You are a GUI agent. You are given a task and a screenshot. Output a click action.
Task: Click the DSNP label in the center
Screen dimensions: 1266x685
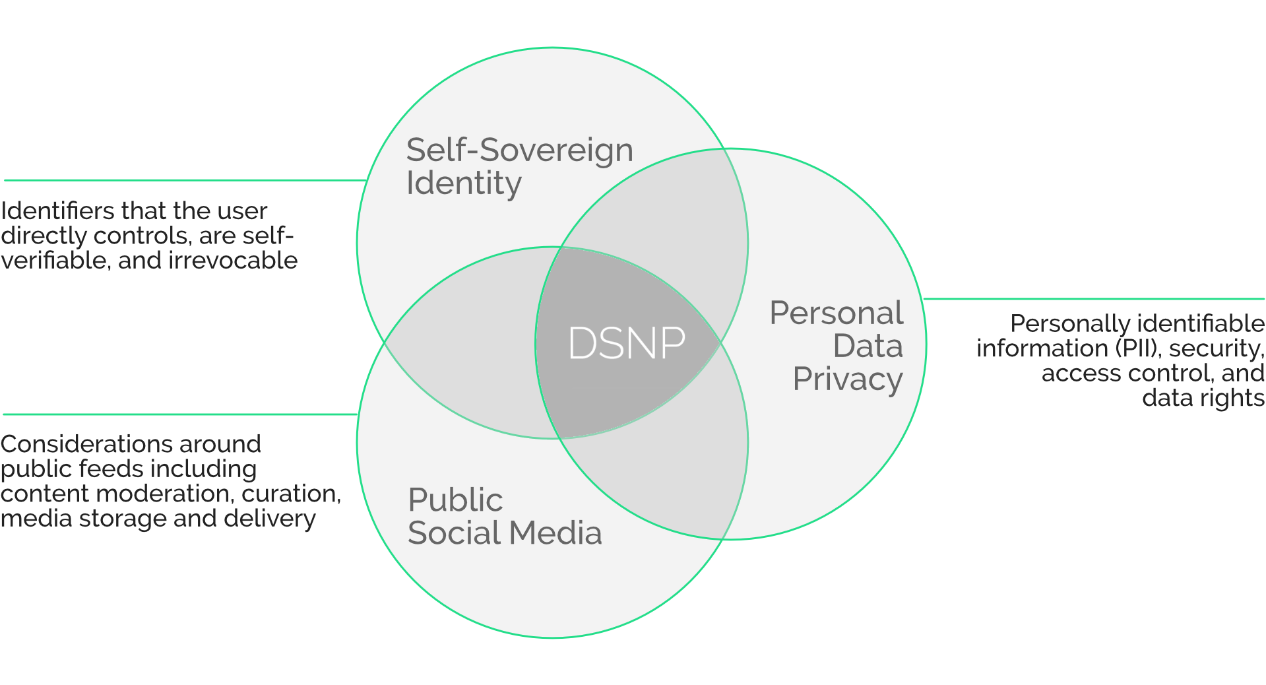click(x=626, y=343)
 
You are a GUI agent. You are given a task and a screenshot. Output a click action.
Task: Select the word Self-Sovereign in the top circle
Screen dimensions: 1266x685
click(x=519, y=150)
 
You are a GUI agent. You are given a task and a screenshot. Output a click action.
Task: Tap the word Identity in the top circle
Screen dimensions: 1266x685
click(x=464, y=183)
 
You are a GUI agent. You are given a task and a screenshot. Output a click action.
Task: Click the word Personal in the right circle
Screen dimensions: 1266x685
click(x=836, y=313)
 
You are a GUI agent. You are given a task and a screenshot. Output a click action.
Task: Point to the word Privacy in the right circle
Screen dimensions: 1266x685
click(x=847, y=379)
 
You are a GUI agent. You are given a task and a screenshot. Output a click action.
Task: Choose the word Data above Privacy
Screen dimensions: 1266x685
click(x=868, y=346)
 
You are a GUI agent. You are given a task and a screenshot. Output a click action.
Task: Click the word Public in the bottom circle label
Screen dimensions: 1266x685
click(x=455, y=500)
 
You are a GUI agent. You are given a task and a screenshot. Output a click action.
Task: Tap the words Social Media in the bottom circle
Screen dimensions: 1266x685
click(x=505, y=533)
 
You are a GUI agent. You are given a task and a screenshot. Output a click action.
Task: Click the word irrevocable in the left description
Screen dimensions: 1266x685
click(x=233, y=261)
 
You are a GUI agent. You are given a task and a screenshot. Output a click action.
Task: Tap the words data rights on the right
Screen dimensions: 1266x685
click(x=1203, y=398)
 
